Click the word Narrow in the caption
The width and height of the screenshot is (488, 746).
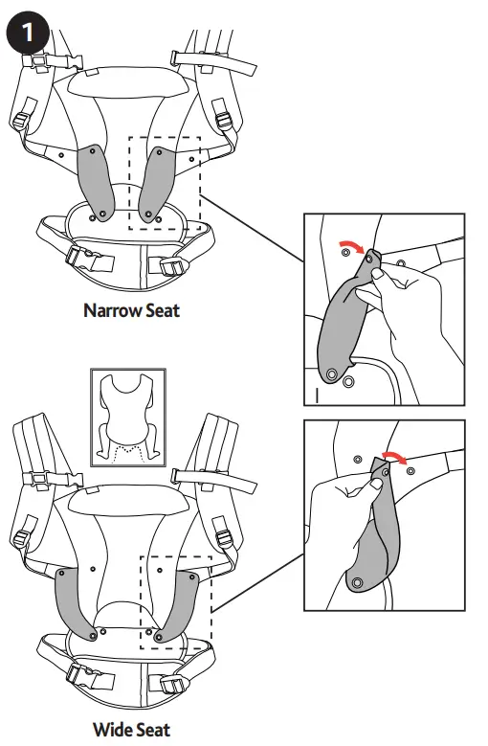click(x=107, y=311)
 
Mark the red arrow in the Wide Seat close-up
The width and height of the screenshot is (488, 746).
click(x=393, y=457)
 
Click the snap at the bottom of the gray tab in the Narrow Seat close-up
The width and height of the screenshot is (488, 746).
click(x=331, y=373)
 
